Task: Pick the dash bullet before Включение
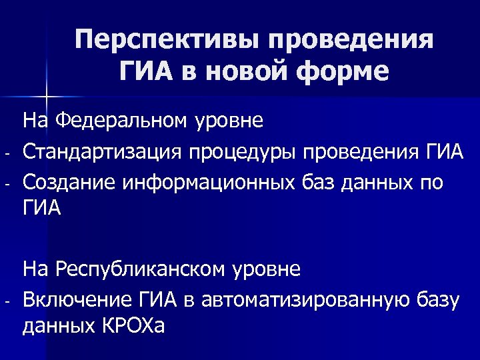click(x=6, y=302)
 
